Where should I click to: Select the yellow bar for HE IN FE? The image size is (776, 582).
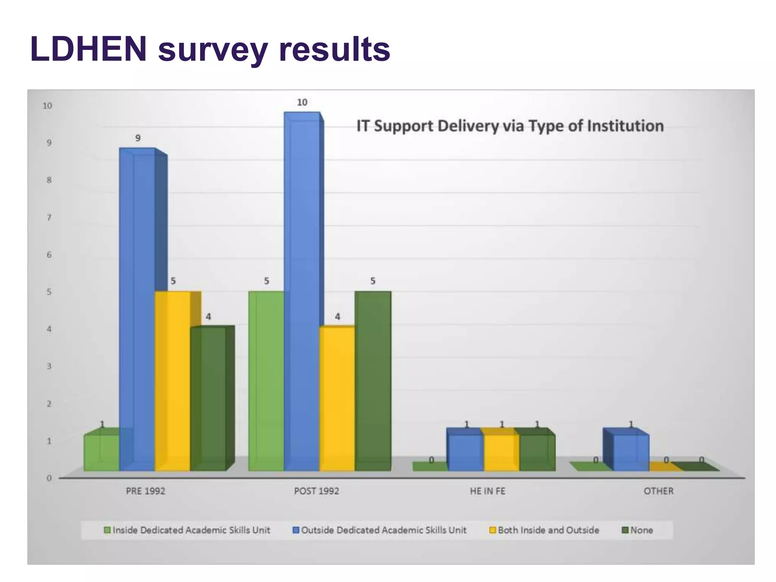point(501,452)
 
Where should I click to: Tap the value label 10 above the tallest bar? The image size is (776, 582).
point(302,102)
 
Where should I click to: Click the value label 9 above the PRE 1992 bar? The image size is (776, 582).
point(138,138)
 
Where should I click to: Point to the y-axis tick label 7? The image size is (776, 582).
point(49,217)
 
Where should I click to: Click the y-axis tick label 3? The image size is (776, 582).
point(49,366)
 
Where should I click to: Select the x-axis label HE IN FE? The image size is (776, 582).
point(487,491)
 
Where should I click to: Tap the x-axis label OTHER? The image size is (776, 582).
point(659,491)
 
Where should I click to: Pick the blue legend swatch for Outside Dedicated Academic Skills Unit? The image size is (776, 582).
point(296,530)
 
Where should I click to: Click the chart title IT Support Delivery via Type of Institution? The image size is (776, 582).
point(510,126)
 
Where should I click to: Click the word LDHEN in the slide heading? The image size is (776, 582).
point(88,49)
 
